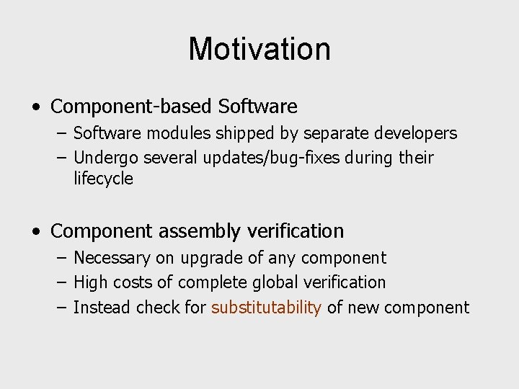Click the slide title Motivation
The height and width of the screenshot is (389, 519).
click(259, 49)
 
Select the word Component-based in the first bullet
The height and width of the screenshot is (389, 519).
click(131, 107)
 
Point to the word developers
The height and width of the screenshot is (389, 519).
click(415, 133)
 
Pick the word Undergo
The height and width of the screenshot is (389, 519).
click(106, 158)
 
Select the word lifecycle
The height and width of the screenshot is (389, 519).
click(103, 179)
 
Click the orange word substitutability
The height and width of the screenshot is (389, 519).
click(266, 308)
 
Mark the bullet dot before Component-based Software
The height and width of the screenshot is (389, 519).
click(36, 107)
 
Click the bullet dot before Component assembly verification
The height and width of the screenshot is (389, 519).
click(36, 232)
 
